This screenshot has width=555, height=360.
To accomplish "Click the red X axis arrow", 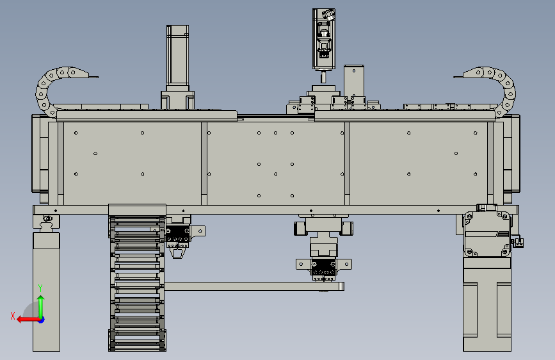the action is click(28, 320).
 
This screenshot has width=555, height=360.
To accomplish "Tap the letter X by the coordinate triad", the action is click(13, 316).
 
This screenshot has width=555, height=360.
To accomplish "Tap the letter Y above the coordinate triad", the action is click(40, 288).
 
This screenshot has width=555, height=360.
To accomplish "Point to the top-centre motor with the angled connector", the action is click(324, 39).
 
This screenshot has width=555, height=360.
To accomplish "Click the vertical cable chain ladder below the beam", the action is click(137, 280).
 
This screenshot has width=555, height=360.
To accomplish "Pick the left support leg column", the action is click(46, 291).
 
